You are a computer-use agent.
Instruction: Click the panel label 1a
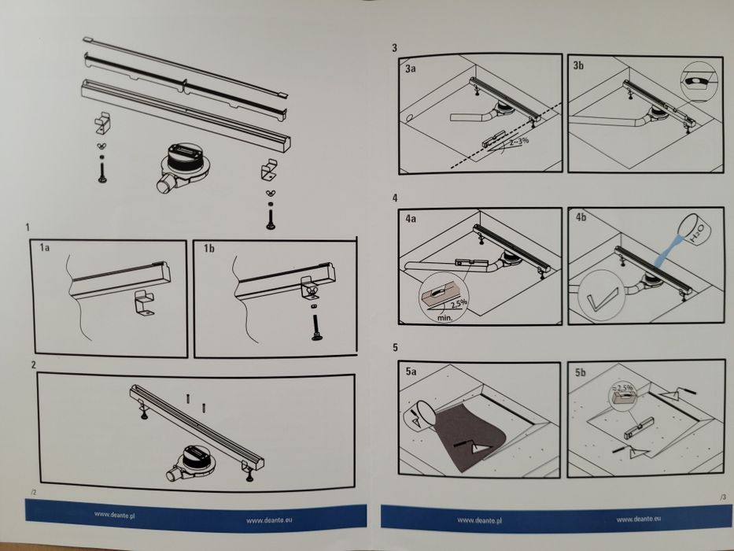[x=45, y=247]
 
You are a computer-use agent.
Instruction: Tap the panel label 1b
[x=208, y=248]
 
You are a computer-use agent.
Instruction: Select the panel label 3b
[x=578, y=65]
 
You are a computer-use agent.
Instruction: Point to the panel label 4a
[x=411, y=218]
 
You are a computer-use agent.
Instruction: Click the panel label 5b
[x=580, y=372]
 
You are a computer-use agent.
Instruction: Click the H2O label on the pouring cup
[x=697, y=232]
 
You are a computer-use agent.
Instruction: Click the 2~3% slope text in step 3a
[x=518, y=141]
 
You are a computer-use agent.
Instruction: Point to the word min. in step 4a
[x=444, y=318]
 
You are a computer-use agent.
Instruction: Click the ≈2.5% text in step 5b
[x=622, y=388]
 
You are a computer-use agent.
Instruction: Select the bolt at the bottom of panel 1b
[x=317, y=327]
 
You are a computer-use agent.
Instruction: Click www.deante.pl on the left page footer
[x=115, y=515]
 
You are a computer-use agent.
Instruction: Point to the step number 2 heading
[x=33, y=364]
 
